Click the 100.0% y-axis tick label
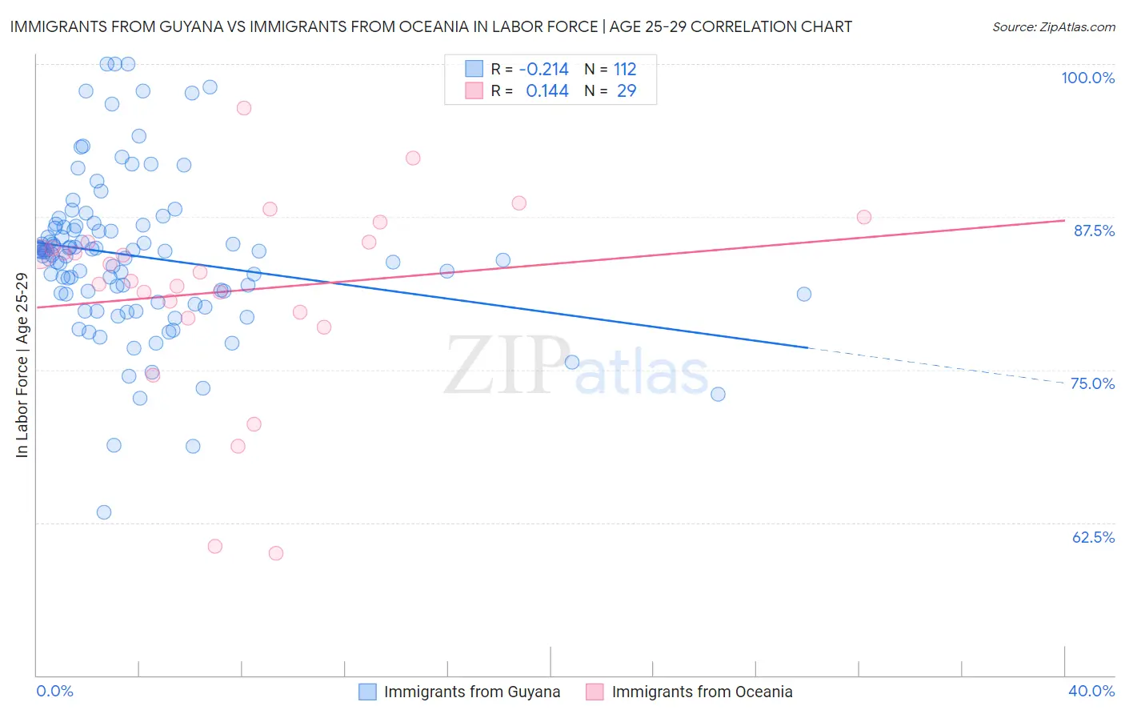1087,78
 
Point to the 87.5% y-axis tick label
1094,231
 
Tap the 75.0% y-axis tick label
1092,383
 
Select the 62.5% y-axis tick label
1093,537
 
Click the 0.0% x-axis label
54,691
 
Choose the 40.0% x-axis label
1091,691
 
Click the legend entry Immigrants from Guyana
471,692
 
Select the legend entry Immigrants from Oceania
702,692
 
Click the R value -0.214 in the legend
543,70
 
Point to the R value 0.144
547,91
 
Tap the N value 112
625,70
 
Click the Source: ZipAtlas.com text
1053,26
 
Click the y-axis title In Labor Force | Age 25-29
22,365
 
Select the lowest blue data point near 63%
104,512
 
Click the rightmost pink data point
864,217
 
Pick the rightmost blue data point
804,295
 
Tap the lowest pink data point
276,553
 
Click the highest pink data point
244,108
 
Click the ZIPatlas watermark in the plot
576,367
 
